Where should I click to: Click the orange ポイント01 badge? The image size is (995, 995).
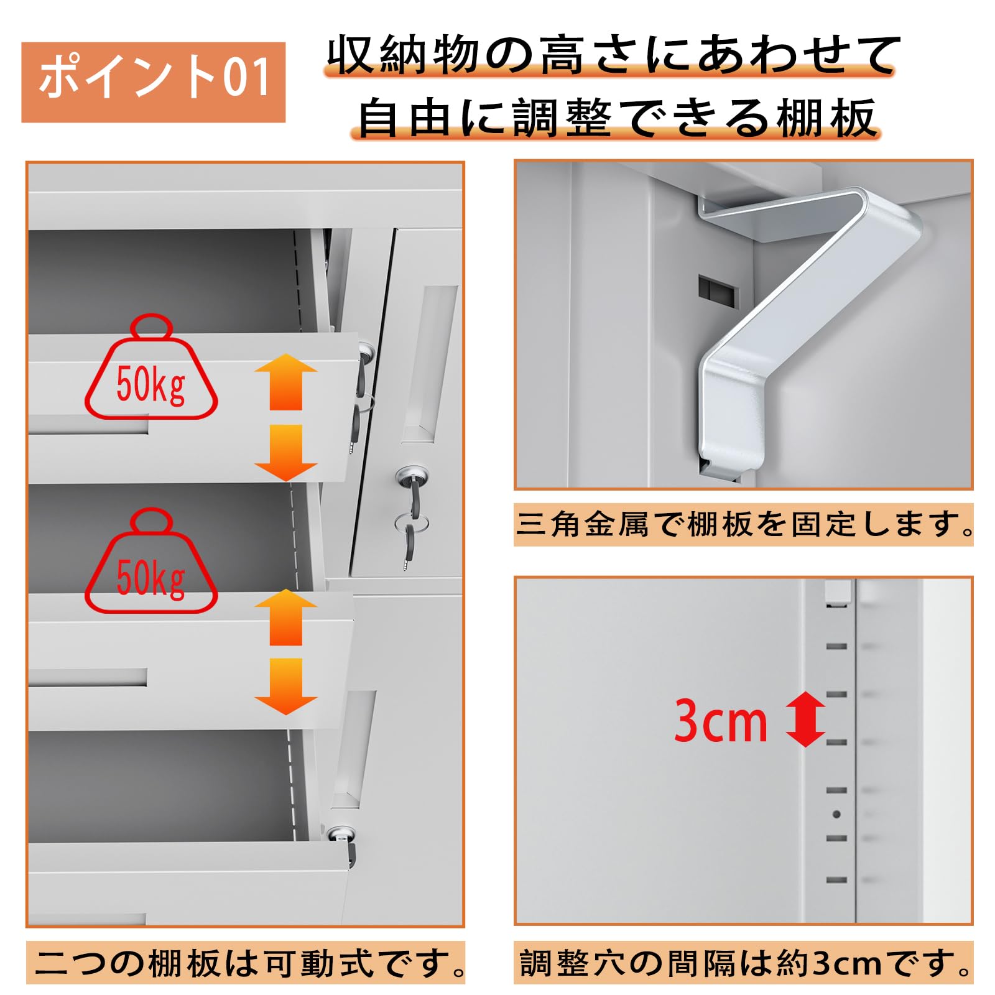pos(153,82)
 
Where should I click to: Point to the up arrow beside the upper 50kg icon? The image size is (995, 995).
pos(286,381)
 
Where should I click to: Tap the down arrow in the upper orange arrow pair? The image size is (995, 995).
pos(286,453)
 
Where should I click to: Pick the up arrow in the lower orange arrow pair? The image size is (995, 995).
pos(286,617)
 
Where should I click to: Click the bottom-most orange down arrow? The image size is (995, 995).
pos(286,687)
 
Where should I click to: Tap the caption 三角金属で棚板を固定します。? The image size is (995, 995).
pos(744,524)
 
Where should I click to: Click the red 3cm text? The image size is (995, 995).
pos(721,720)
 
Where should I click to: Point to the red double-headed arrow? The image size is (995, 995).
pos(806,719)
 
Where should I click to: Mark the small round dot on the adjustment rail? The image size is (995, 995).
pos(836,814)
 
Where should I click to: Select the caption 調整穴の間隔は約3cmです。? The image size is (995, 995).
pos(744,963)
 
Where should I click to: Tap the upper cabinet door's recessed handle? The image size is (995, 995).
pos(431,364)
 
